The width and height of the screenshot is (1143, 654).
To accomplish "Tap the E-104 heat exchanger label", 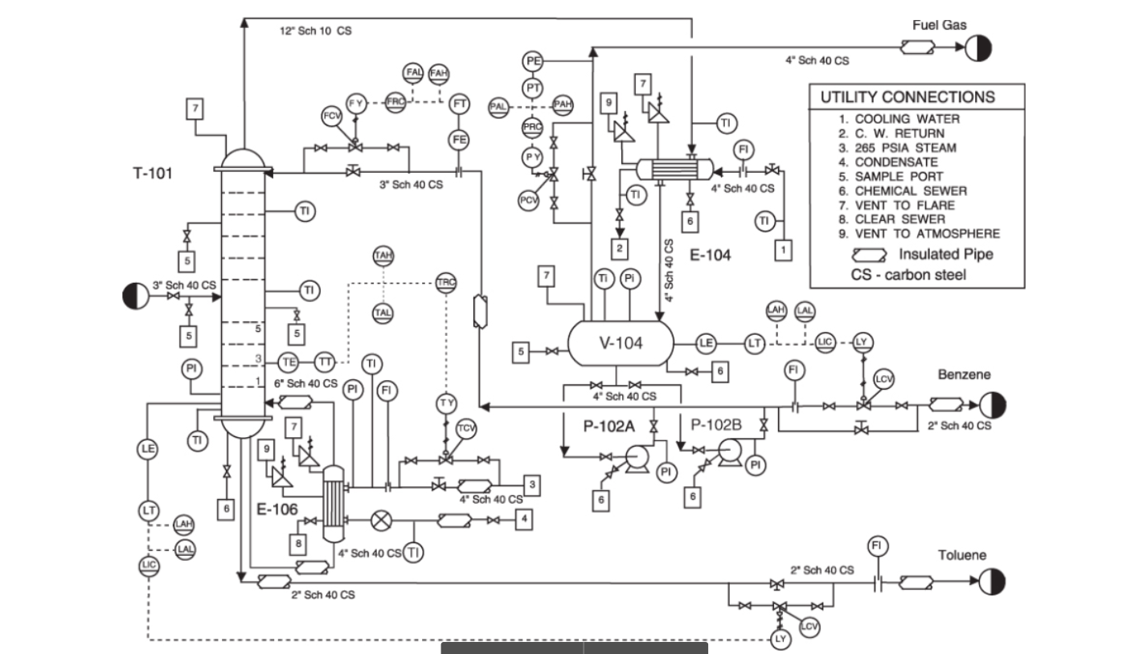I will click(x=711, y=255).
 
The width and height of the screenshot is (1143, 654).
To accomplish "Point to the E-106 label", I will click(x=277, y=509).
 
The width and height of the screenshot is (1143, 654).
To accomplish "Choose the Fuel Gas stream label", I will click(x=939, y=25).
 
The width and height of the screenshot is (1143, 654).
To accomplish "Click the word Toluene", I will click(x=962, y=555).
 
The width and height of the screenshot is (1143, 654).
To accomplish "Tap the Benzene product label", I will click(x=964, y=374).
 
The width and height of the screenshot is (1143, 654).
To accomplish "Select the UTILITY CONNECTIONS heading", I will click(x=907, y=97).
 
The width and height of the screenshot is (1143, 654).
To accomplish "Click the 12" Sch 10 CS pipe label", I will click(x=315, y=31).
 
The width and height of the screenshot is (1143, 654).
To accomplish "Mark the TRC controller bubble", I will click(x=446, y=282).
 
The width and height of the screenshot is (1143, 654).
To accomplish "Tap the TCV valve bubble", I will click(x=466, y=428).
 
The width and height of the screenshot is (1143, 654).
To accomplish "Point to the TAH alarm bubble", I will click(x=383, y=255).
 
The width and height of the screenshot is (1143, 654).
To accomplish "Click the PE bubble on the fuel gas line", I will click(x=533, y=61).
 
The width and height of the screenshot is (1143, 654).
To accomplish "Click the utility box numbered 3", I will click(x=532, y=484).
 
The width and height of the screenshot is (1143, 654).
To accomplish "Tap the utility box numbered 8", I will click(x=299, y=544).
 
